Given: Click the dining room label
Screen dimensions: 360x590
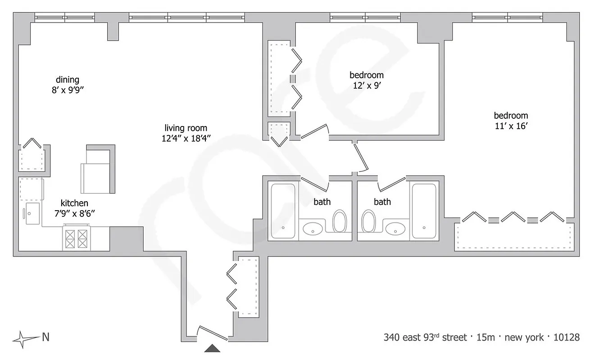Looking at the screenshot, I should (68, 80).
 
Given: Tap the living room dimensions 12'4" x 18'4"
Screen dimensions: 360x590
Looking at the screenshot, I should (186, 139).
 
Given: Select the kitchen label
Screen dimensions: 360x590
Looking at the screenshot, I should (75, 203).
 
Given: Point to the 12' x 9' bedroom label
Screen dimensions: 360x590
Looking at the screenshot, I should (366, 75).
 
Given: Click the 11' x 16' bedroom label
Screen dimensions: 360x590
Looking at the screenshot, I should (511, 116).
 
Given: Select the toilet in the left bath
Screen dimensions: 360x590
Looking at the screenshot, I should (340, 221).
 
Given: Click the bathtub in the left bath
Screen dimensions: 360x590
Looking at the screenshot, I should (283, 211).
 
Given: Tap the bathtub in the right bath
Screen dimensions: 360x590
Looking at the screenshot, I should (424, 211).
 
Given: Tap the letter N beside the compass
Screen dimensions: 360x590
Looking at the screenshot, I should (45, 337).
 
